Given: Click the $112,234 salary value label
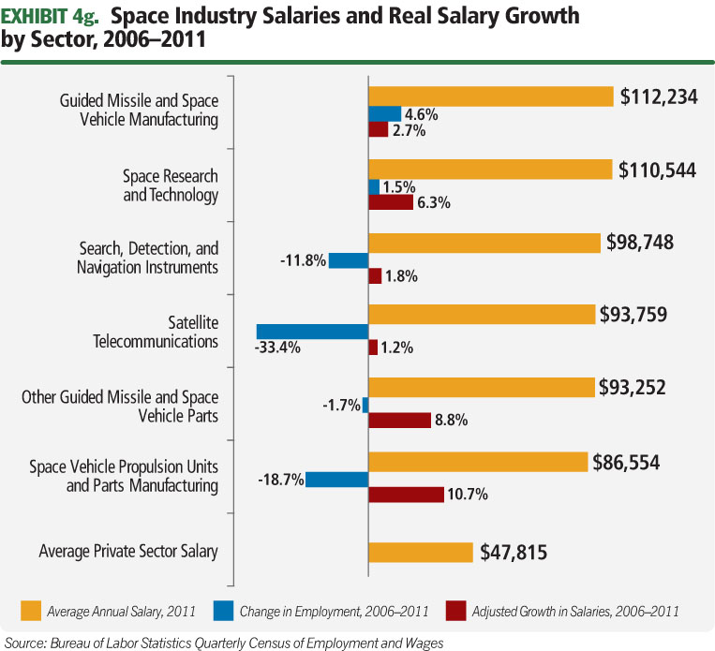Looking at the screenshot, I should [x=659, y=96].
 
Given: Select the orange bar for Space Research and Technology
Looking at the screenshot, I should [x=491, y=169].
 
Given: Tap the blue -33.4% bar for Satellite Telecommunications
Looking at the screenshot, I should [x=312, y=332].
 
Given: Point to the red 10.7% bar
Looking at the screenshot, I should [x=406, y=495].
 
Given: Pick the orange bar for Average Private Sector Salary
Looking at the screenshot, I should [x=421, y=553].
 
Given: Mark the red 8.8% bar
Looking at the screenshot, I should [x=399, y=421].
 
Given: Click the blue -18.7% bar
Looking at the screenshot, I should [x=337, y=480].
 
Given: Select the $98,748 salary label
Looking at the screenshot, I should [x=640, y=243].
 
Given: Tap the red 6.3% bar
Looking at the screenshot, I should [x=391, y=201].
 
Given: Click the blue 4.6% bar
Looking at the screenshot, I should [x=384, y=114].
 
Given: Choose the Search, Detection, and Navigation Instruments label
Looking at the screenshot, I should [x=148, y=259].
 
